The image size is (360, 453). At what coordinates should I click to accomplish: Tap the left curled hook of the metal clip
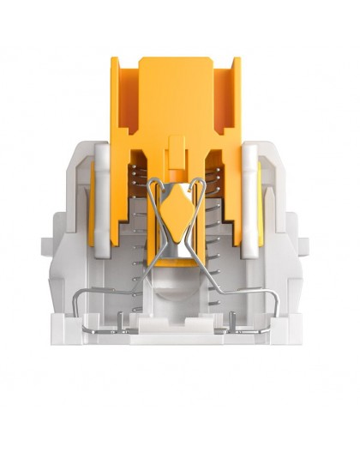pyautogui.click(x=153, y=184)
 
